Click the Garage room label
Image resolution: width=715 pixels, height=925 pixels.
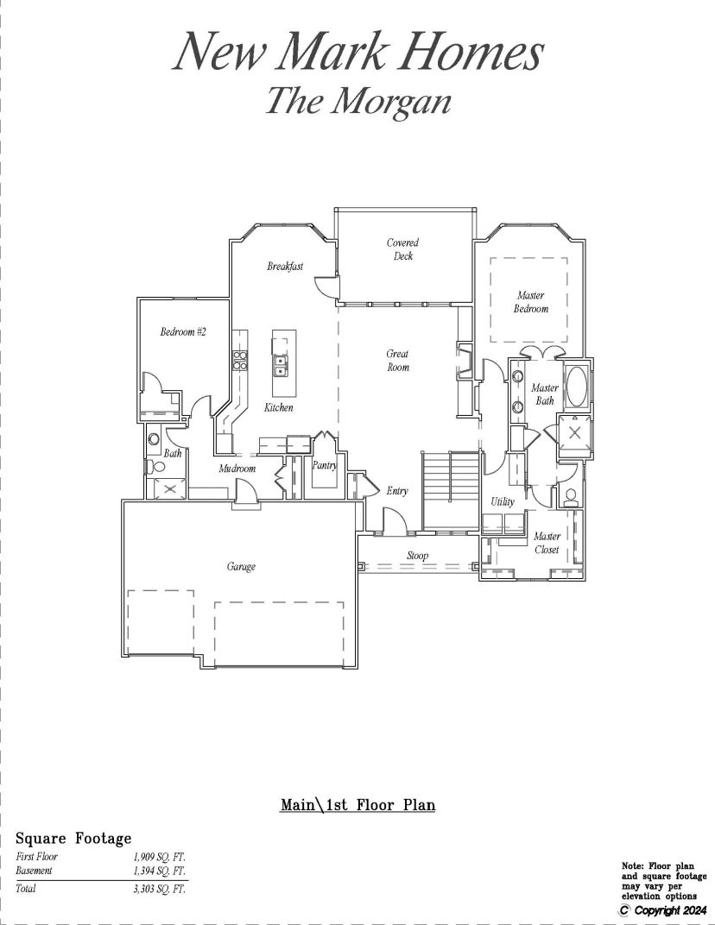[241, 567]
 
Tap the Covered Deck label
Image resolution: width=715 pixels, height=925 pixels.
[403, 249]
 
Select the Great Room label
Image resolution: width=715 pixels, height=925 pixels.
[398, 360]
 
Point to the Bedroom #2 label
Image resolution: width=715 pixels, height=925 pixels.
[183, 331]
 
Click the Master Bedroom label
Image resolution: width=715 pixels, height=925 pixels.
[531, 301]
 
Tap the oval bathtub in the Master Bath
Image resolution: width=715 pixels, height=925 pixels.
[576, 387]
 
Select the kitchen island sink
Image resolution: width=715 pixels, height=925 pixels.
[280, 366]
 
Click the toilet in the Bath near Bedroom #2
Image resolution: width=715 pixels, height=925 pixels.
[156, 468]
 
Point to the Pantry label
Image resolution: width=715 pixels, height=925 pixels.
[324, 465]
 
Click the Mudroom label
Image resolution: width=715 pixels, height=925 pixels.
[237, 469]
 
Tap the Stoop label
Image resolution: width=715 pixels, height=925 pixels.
[417, 556]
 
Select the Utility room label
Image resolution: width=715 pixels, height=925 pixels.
[503, 501]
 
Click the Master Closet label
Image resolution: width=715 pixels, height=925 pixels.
[547, 543]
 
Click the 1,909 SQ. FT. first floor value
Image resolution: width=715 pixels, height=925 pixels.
[160, 857]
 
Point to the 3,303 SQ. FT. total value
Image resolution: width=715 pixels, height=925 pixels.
[160, 889]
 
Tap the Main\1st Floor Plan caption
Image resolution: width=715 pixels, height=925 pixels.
[357, 805]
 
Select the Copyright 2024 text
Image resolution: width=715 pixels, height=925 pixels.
[663, 911]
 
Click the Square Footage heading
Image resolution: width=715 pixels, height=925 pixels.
[73, 839]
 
